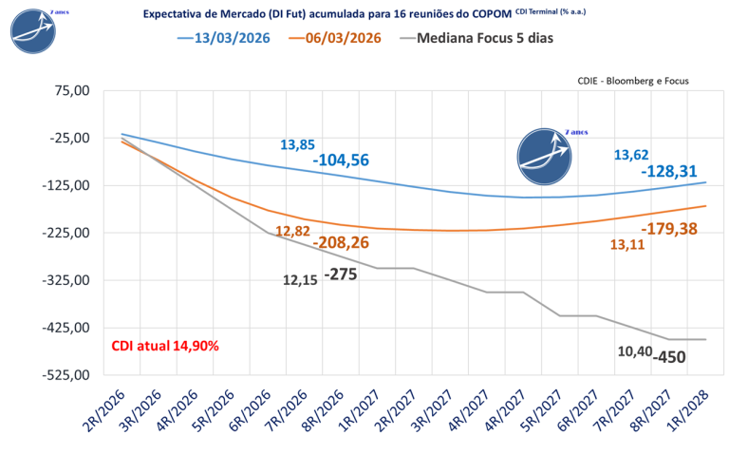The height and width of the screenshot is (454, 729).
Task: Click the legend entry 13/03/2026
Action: tap(224, 38)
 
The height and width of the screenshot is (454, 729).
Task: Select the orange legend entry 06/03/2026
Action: tap(335, 38)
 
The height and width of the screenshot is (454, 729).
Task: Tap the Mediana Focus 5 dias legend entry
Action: tap(477, 38)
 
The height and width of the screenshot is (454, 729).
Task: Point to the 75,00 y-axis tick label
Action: tap(73, 90)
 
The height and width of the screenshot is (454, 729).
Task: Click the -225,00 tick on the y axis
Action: tap(66, 233)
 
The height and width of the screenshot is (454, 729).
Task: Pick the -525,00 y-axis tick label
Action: tap(66, 375)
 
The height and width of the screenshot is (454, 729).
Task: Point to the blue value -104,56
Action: tap(341, 160)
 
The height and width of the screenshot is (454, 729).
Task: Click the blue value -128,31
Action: tap(669, 171)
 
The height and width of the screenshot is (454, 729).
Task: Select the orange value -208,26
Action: tap(341, 242)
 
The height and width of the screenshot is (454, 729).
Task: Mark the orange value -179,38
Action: tap(669, 228)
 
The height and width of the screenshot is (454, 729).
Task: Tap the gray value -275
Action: tap(341, 274)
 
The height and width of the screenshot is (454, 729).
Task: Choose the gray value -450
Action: tap(669, 357)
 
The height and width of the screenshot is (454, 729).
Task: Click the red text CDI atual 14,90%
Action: tap(165, 346)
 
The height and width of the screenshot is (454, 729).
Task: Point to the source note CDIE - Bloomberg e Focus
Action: tap(633, 81)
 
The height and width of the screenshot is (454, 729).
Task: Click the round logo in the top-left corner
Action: tap(33, 30)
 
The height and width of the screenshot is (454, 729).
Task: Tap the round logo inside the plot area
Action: tap(545, 157)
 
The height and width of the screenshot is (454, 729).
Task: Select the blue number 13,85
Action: tap(297, 144)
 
